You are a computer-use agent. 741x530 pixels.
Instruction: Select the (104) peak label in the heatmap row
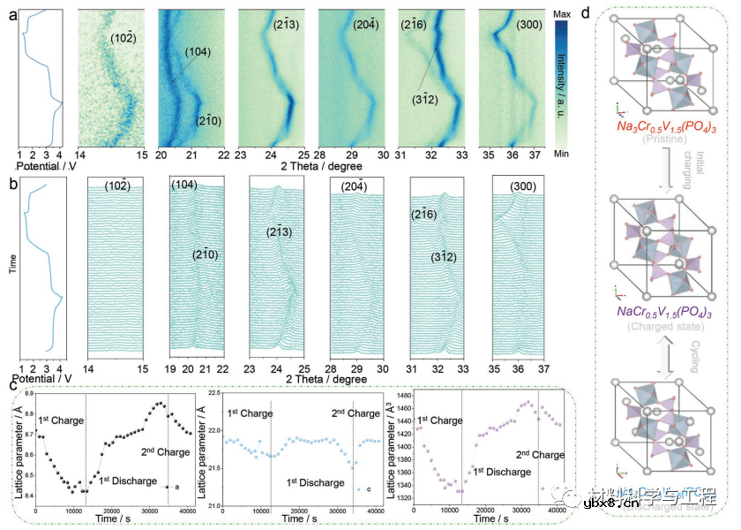tap(198, 53)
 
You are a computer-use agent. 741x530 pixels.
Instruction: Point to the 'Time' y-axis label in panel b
tap(13, 264)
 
